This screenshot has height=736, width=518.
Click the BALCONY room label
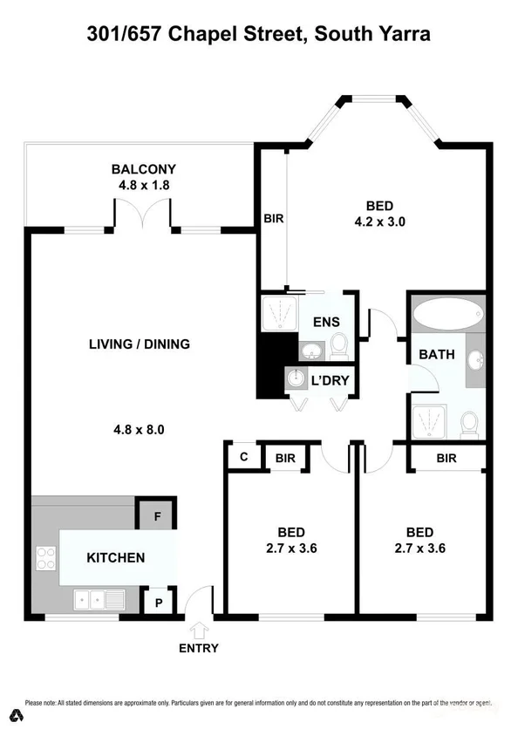click(143, 169)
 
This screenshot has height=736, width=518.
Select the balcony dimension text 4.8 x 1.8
click(143, 185)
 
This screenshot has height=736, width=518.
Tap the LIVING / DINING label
click(140, 344)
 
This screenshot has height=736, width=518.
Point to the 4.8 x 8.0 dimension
click(140, 429)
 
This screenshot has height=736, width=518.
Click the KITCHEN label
click(115, 557)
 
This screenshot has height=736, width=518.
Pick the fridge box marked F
click(157, 515)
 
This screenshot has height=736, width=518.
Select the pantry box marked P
click(159, 603)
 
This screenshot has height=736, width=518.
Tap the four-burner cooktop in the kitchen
click(45, 557)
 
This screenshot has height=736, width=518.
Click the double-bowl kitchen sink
click(99, 599)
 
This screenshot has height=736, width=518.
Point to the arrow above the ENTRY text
click(198, 629)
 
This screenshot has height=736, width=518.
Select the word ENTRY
click(198, 648)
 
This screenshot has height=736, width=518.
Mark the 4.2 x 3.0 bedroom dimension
click(379, 221)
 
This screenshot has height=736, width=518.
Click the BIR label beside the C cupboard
click(285, 457)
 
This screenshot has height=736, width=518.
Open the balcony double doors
click(143, 215)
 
